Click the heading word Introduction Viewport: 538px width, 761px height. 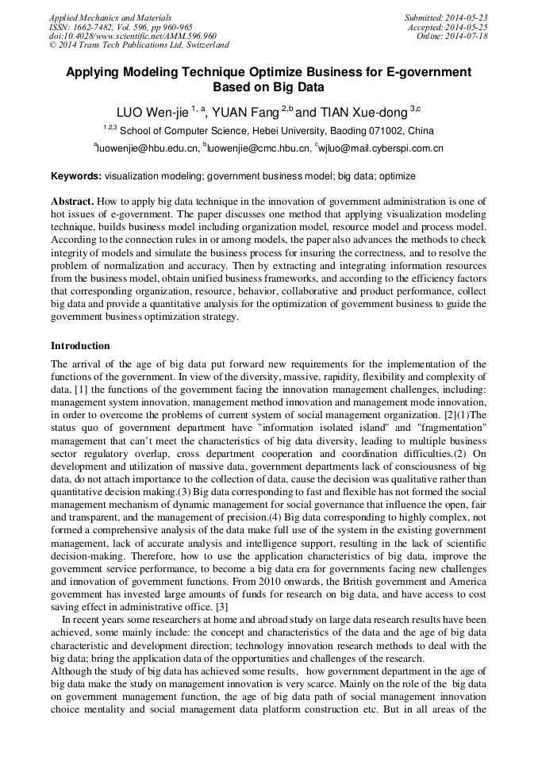tap(80, 346)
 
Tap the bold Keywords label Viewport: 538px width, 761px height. tap(76, 175)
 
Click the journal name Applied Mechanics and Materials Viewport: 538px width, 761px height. tap(110, 17)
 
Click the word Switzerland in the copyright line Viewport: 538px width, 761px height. tap(204, 46)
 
